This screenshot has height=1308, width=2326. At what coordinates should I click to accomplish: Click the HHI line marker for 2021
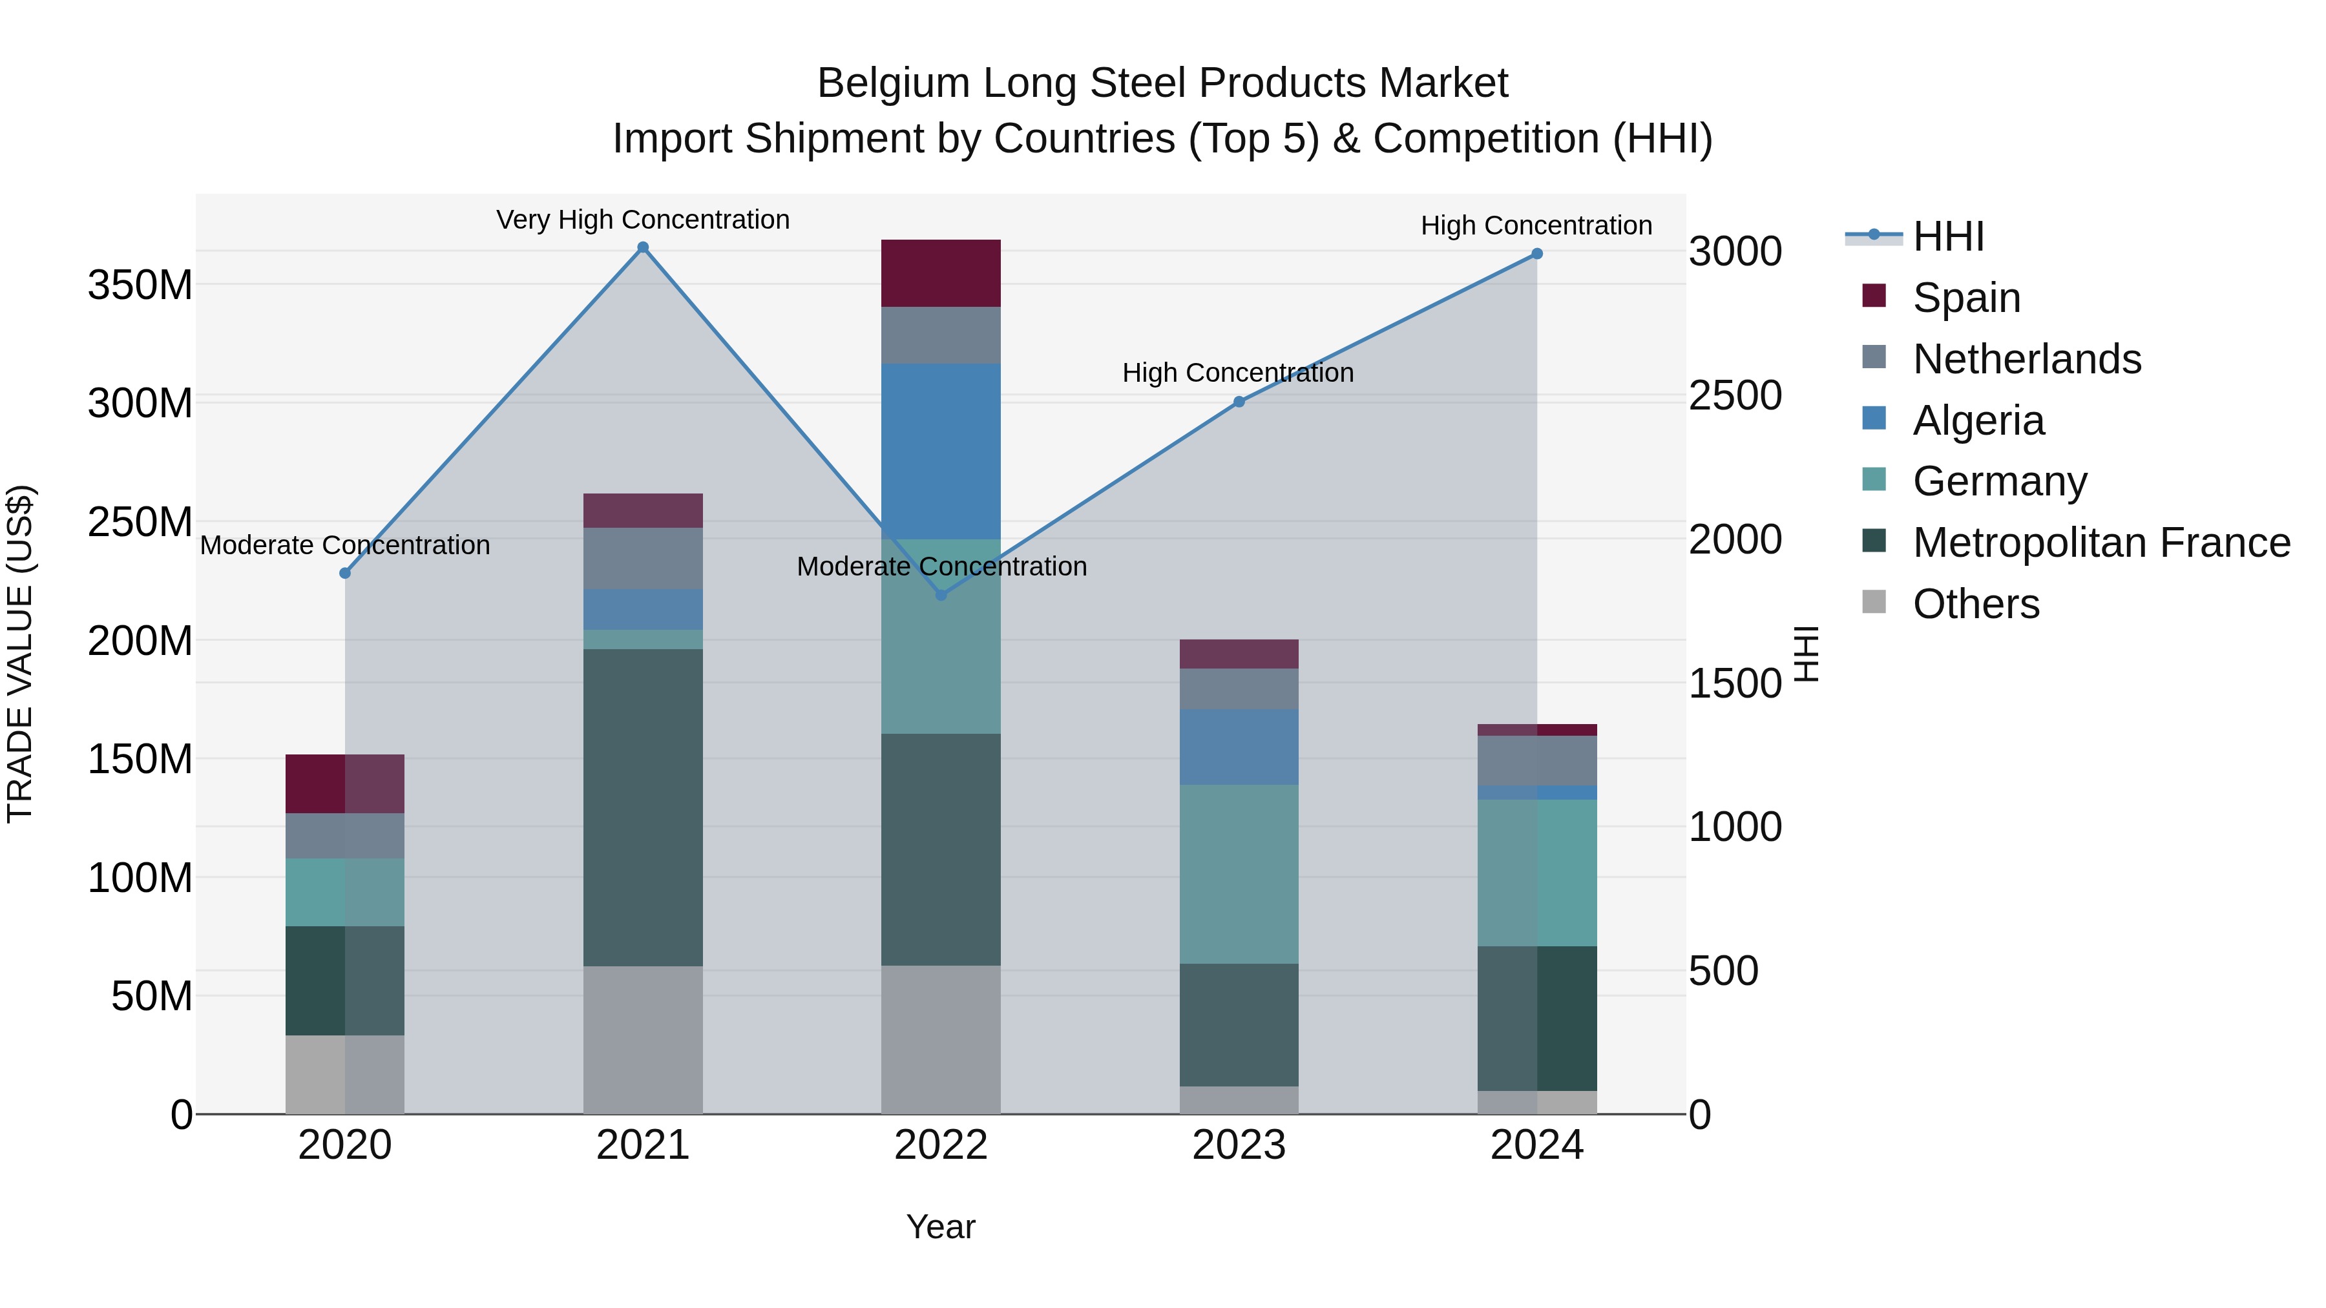(643, 247)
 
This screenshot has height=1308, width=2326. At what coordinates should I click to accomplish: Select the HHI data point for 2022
(941, 595)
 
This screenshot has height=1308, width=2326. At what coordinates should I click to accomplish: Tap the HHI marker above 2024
(1537, 254)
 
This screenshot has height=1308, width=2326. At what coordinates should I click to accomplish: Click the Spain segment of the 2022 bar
(941, 273)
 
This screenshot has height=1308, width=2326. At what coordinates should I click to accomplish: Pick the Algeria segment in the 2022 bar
(941, 452)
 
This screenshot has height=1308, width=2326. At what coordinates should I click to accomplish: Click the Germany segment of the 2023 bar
(1239, 874)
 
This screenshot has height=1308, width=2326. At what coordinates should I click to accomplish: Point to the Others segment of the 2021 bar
(643, 1039)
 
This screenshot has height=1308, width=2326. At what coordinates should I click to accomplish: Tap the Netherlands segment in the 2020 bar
(345, 835)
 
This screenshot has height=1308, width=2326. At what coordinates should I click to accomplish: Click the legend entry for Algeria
(1978, 420)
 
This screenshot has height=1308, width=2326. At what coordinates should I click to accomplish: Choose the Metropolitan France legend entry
(2101, 543)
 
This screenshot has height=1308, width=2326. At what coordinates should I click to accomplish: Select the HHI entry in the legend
(1947, 236)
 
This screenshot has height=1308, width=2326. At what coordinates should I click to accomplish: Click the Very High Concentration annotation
(643, 220)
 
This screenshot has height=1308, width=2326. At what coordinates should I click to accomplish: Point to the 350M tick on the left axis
(140, 285)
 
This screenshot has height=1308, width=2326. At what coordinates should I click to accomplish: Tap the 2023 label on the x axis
(1239, 1145)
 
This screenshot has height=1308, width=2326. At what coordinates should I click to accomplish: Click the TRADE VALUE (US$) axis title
(21, 654)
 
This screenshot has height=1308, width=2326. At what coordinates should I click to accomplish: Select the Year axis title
(941, 1227)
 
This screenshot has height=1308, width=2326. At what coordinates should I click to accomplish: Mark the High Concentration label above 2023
(1237, 373)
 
